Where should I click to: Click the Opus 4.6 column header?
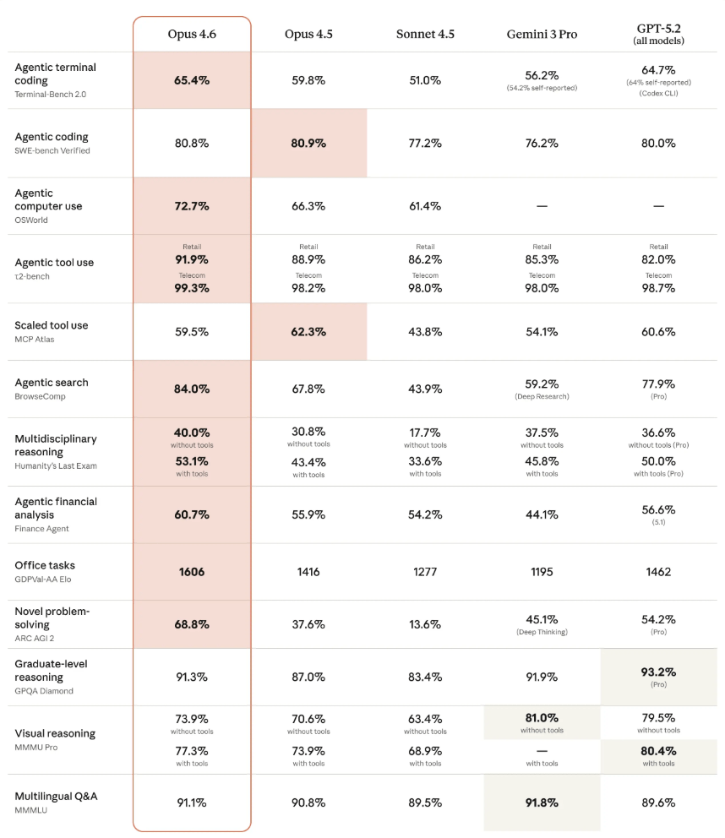[192, 34]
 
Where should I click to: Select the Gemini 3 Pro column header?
[542, 34]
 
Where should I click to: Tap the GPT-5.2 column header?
[658, 34]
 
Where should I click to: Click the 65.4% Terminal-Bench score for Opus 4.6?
[192, 80]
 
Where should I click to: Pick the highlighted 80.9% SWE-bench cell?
[308, 143]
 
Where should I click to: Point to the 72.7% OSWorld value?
[192, 206]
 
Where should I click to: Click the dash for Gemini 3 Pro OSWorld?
[542, 206]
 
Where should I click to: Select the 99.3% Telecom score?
[192, 288]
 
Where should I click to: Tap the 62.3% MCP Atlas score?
[308, 332]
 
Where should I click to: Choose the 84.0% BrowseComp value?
[192, 389]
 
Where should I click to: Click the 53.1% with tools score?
[192, 461]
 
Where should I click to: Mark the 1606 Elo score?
[192, 572]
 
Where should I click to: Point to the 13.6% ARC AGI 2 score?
[425, 624]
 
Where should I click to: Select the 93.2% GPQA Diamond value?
[658, 672]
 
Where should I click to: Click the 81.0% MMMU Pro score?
[542, 718]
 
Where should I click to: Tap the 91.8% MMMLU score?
[542, 803]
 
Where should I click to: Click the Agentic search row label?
[52, 383]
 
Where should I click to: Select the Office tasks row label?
[45, 565]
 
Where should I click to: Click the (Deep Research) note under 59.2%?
[542, 396]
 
